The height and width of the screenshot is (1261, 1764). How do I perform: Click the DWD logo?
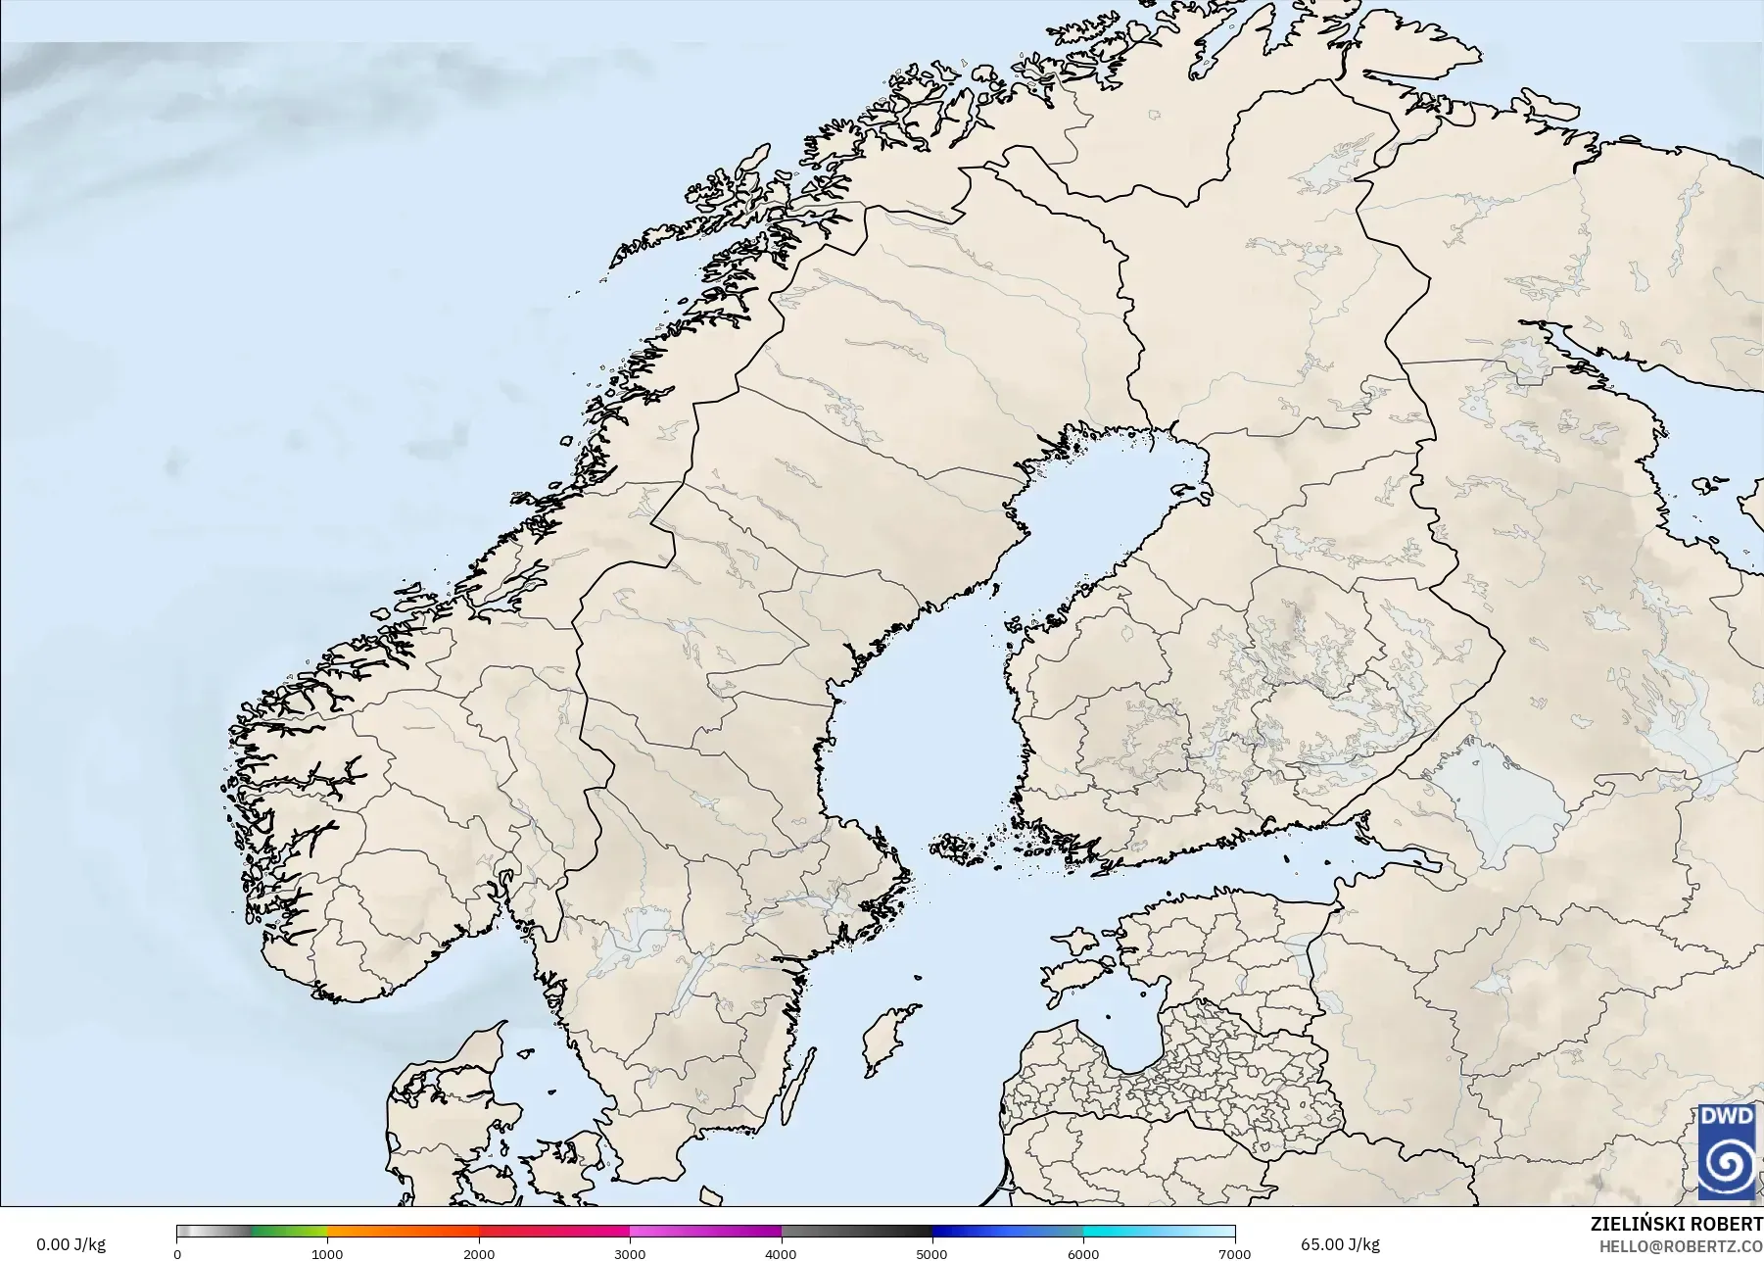[1727, 1151]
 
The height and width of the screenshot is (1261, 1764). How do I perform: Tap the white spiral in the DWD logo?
[1727, 1164]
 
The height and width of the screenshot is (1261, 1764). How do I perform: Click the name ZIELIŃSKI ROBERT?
[1676, 1225]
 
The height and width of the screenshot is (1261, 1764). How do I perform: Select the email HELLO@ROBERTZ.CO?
[1682, 1245]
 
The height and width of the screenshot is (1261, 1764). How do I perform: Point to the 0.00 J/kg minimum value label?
[71, 1245]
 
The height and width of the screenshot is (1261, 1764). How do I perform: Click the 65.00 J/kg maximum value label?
[1340, 1245]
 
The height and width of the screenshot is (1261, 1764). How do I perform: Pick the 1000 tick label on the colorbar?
[327, 1254]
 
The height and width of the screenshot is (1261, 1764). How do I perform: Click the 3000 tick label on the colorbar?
[630, 1254]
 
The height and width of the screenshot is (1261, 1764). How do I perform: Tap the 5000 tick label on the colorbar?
[931, 1254]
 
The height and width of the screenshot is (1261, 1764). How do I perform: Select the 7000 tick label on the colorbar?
[1233, 1254]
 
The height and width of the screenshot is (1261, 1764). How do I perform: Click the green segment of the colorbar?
[289, 1232]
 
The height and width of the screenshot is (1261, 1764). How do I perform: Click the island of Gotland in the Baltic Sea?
[887, 1039]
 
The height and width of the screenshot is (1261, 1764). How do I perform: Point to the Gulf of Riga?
[1136, 1039]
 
